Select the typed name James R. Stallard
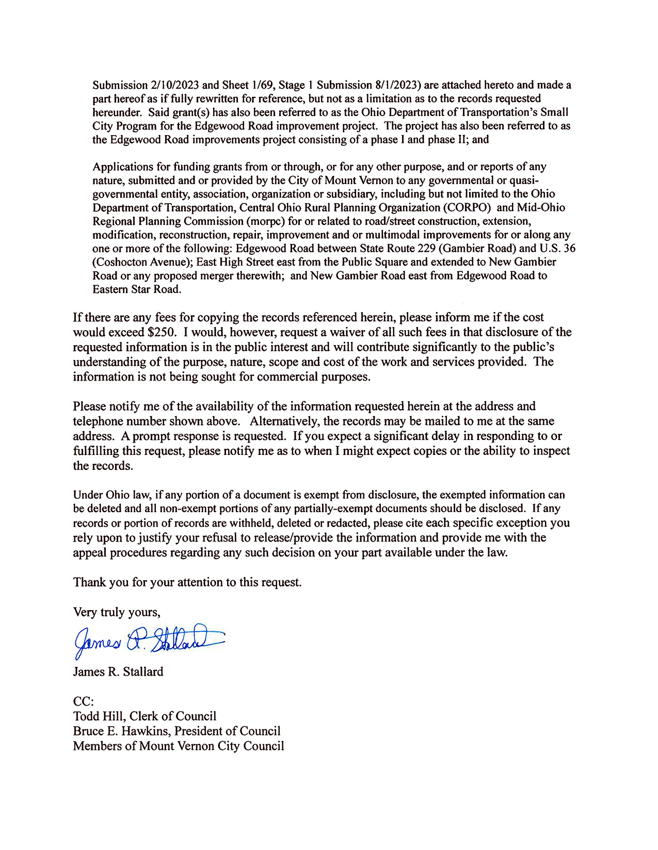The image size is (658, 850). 118,672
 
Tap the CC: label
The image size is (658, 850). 84,702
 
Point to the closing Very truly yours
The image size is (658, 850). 117,612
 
